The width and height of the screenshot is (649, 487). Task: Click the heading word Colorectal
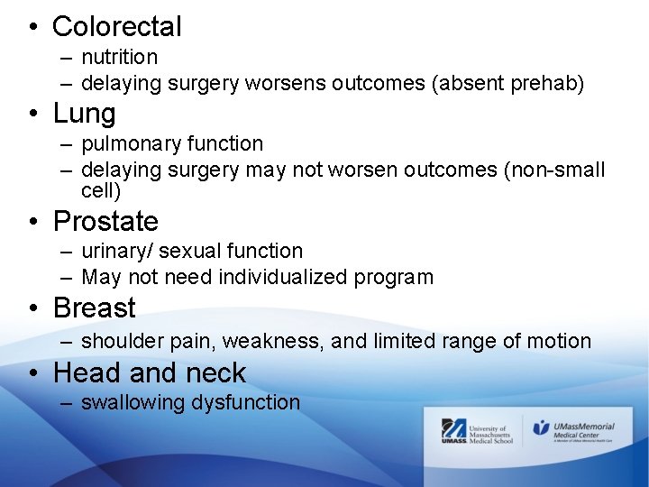tap(117, 27)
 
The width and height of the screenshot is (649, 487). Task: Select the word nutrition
tap(119, 57)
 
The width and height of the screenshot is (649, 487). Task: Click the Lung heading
tap(85, 114)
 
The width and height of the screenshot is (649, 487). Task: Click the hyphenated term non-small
tap(564, 170)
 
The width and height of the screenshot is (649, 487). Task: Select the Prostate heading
tap(105, 221)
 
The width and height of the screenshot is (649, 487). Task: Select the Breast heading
tap(95, 308)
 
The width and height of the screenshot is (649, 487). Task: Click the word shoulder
tap(120, 341)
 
